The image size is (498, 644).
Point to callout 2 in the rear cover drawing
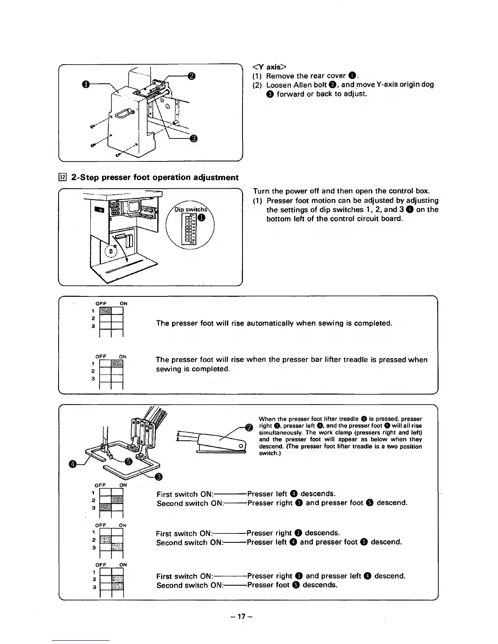click(192, 76)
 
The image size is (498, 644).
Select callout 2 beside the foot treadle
click(249, 426)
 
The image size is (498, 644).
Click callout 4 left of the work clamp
click(73, 464)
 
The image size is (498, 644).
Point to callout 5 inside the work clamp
click(129, 461)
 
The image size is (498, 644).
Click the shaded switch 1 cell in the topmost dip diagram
click(105, 311)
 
